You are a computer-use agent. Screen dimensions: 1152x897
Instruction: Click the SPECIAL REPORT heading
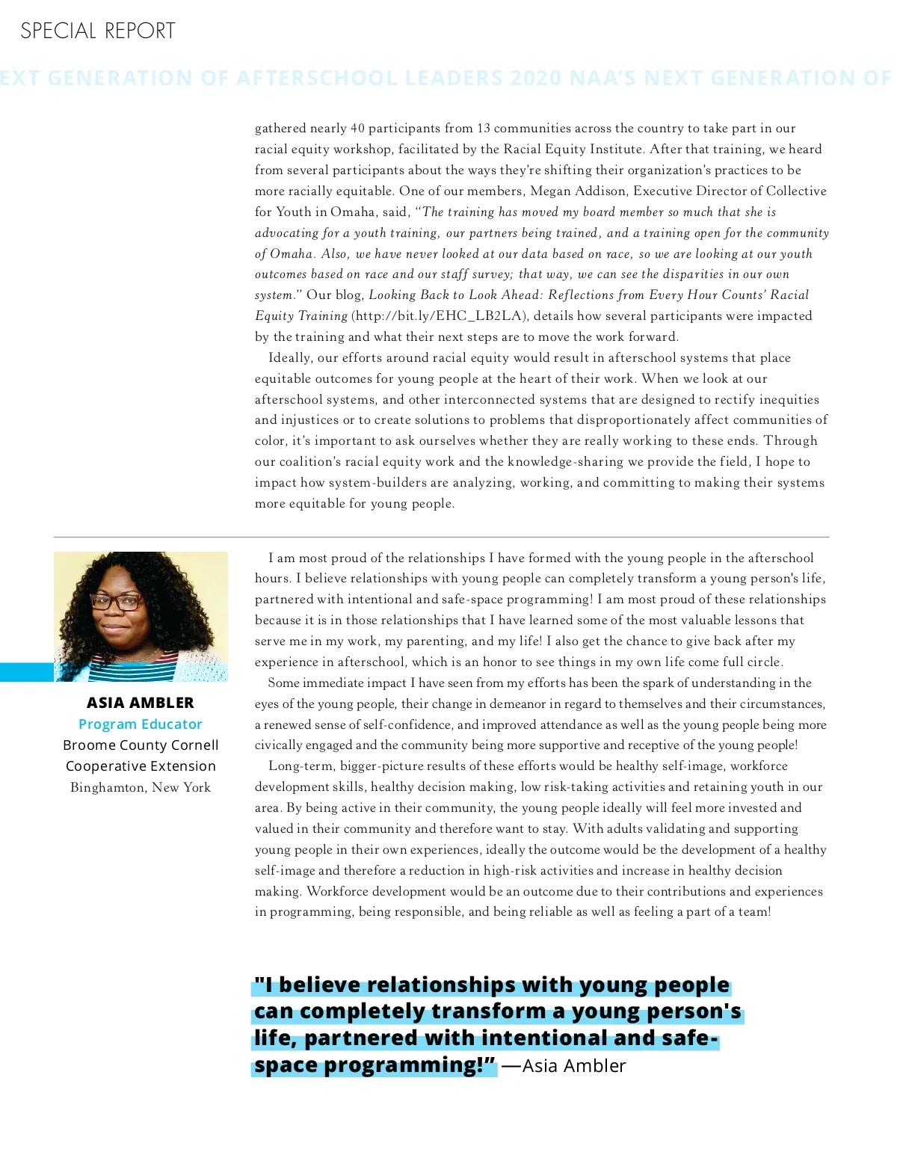[x=98, y=31]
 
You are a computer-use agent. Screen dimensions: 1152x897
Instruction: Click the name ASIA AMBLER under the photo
[x=141, y=703]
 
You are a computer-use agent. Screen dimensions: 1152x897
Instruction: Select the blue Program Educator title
[x=141, y=724]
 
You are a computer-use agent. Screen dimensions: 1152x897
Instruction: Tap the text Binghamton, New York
[x=141, y=787]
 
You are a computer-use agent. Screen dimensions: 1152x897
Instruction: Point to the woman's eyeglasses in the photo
[x=116, y=600]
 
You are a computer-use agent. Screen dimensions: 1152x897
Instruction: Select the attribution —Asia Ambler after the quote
[x=564, y=1066]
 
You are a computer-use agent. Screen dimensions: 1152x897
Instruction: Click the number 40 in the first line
[x=357, y=128]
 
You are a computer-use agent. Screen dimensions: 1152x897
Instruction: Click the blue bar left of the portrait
[x=27, y=671]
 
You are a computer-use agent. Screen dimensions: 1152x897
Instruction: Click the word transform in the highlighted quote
[x=489, y=1011]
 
